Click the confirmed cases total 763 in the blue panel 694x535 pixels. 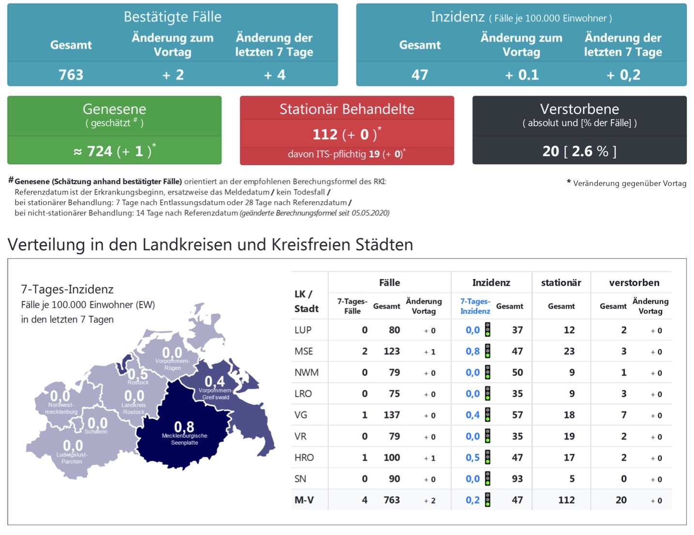(x=71, y=75)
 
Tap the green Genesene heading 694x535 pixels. (x=114, y=109)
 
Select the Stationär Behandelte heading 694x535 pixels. (x=347, y=109)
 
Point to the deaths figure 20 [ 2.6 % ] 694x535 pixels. (x=579, y=151)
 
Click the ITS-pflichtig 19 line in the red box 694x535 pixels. (x=347, y=154)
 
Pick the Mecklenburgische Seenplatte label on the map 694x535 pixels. (x=184, y=439)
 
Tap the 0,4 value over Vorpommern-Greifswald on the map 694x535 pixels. (x=214, y=381)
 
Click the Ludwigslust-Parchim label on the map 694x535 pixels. (x=72, y=458)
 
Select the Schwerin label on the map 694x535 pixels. (x=96, y=431)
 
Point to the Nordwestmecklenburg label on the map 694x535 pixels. (x=61, y=408)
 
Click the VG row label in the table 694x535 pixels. (x=301, y=415)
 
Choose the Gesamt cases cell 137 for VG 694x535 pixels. (x=392, y=415)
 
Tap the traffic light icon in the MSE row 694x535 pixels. (x=488, y=351)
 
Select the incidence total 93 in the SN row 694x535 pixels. (x=517, y=479)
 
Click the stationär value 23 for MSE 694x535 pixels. (x=569, y=351)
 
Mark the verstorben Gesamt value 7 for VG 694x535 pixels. (x=624, y=415)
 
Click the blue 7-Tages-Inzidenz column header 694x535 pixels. (x=475, y=306)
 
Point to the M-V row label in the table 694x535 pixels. (x=304, y=500)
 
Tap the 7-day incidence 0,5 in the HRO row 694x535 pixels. (x=472, y=458)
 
